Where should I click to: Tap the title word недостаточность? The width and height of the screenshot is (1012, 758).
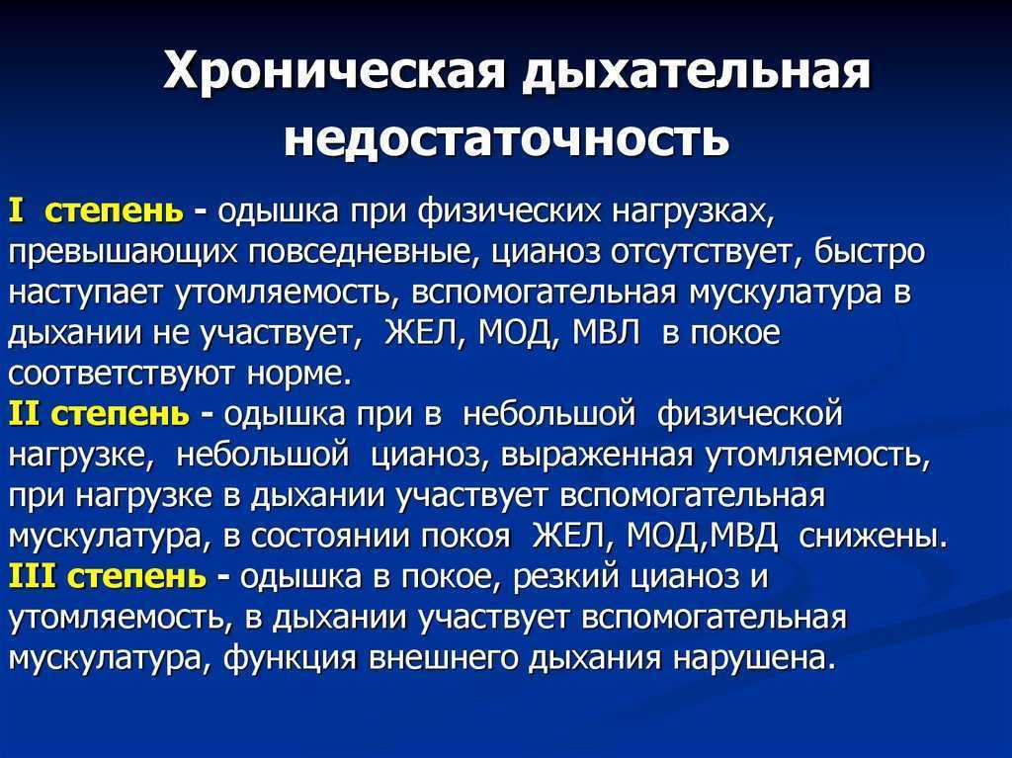click(x=507, y=137)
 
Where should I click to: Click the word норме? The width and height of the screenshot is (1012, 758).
click(x=299, y=375)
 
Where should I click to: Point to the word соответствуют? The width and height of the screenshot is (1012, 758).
click(x=123, y=375)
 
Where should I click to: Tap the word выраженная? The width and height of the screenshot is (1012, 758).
click(x=596, y=456)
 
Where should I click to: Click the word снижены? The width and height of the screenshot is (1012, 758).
click(x=873, y=536)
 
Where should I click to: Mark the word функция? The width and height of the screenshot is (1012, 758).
click(x=292, y=658)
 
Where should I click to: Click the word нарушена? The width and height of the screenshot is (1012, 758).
click(x=749, y=658)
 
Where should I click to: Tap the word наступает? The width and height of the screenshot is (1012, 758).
click(x=87, y=294)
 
